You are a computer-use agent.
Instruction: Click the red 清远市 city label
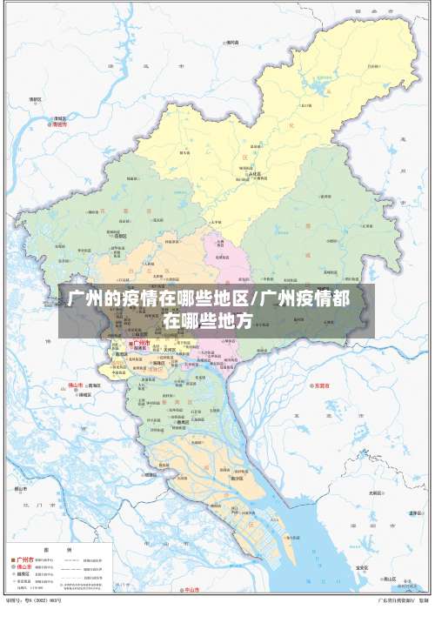(x=59, y=124)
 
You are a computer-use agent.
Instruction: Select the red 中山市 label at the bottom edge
(x=192, y=591)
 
